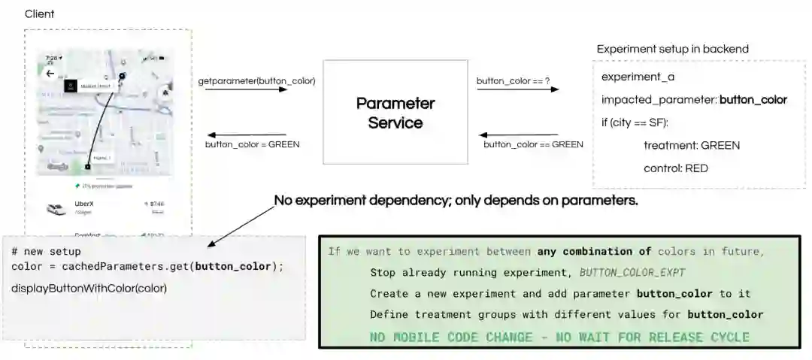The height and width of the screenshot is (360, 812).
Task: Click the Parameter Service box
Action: pyautogui.click(x=395, y=112)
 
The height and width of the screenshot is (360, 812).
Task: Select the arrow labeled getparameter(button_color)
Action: pyautogui.click(x=246, y=89)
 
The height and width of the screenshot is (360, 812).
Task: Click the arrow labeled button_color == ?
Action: pyautogui.click(x=517, y=89)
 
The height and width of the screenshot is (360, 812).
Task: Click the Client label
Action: pyautogui.click(x=40, y=14)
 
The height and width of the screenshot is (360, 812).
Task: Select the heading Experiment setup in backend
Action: pyautogui.click(x=672, y=49)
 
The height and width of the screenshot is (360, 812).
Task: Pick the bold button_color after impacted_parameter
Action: pyautogui.click(x=753, y=100)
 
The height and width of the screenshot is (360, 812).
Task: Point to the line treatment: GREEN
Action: pyautogui.click(x=692, y=146)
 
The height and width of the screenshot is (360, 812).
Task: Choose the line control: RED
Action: pyautogui.click(x=675, y=168)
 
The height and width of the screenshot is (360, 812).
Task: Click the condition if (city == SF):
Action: pyautogui.click(x=635, y=123)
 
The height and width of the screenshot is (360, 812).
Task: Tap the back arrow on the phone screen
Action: pyautogui.click(x=50, y=74)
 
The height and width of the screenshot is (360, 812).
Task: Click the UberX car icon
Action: pyautogui.click(x=56, y=208)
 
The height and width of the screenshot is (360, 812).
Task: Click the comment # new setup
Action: pyautogui.click(x=46, y=252)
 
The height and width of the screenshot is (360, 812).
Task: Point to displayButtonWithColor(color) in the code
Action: pyautogui.click(x=89, y=288)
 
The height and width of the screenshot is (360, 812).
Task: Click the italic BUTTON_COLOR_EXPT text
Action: pyautogui.click(x=632, y=272)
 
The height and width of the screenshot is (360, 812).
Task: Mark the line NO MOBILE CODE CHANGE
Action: pyautogui.click(x=559, y=336)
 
